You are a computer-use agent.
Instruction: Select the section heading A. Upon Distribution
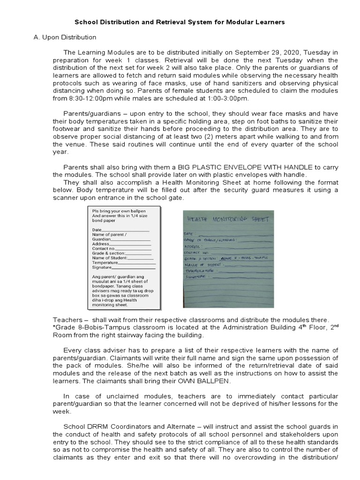(65, 37)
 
